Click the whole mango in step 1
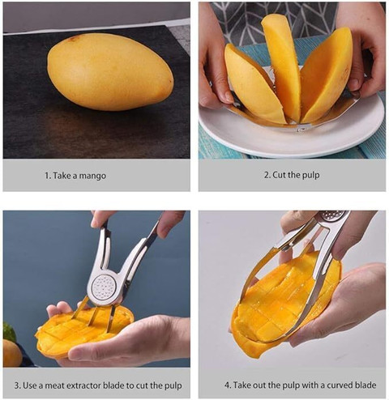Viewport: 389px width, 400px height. [110, 72]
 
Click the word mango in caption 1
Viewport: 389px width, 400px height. [92, 176]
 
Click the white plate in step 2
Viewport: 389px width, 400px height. [291, 130]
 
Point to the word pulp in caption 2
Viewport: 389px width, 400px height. [310, 176]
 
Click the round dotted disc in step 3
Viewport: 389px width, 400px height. [104, 287]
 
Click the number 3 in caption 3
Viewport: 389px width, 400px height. [17, 385]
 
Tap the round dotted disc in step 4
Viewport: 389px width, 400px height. [332, 215]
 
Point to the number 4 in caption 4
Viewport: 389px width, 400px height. [228, 385]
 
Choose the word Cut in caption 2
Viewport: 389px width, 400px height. [279, 175]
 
